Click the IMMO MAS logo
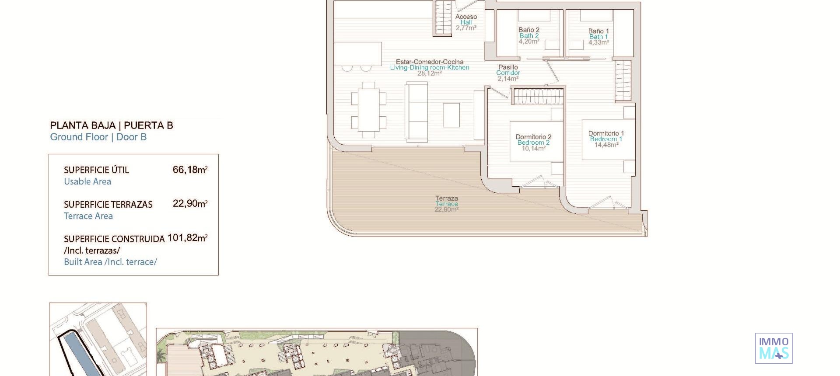tap(773, 348)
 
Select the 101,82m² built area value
tap(187, 238)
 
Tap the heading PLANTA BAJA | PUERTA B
tap(112, 125)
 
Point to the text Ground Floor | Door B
tap(98, 137)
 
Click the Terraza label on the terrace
tap(446, 198)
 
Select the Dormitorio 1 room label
tap(606, 133)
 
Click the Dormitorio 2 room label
tap(533, 137)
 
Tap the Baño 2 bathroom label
tap(529, 30)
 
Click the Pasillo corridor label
tap(508, 67)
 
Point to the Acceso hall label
tap(466, 17)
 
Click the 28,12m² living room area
tap(429, 73)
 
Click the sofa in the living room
tap(416, 112)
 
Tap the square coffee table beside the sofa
tap(451, 115)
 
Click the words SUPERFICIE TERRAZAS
tap(108, 205)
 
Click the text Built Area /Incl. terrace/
tap(110, 262)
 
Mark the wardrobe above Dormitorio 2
tap(538, 96)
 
